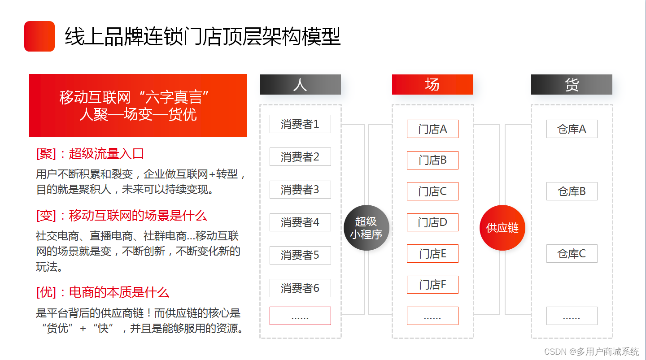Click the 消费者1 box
(x=300, y=124)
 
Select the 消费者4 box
(x=300, y=222)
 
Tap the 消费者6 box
(x=300, y=288)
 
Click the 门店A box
(x=432, y=129)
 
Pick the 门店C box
(x=432, y=191)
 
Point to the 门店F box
(x=432, y=285)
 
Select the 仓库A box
(x=572, y=129)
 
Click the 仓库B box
(x=572, y=191)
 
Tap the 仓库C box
(x=572, y=254)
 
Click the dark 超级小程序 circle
(x=367, y=228)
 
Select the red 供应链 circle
(x=502, y=228)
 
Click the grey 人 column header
(x=300, y=84)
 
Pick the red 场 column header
(x=432, y=84)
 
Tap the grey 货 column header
(x=572, y=84)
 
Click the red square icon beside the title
(x=39, y=36)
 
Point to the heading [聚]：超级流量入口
(x=90, y=154)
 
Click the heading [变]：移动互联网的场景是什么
(x=122, y=216)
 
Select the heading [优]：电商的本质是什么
(x=103, y=293)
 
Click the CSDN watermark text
(x=591, y=351)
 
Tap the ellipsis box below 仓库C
(x=572, y=316)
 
